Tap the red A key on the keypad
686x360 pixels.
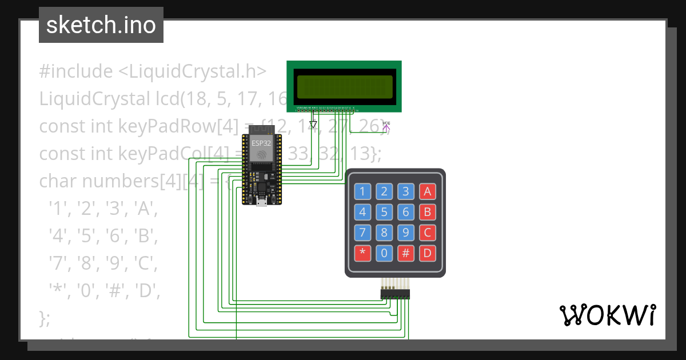pos(427,191)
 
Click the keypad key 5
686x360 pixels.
pos(384,213)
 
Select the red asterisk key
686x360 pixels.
pos(362,253)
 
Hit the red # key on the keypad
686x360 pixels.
pos(406,253)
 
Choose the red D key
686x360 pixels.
pos(427,253)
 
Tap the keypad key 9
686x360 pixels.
pos(406,233)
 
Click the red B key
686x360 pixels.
pos(427,213)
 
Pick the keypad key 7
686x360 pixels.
pos(362,233)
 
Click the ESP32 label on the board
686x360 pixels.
pos(262,143)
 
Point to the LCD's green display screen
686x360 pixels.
pos(345,86)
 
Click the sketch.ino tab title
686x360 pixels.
pos(101,25)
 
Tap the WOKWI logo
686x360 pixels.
pos(607,315)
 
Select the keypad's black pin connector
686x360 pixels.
pos(396,294)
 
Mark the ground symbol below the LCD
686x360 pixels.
pos(312,124)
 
